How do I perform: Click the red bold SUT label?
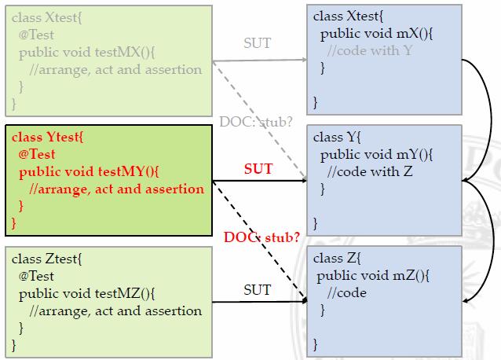point(258,170)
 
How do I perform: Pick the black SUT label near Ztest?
point(257,290)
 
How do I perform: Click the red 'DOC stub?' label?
point(261,236)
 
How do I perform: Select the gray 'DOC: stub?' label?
point(255,122)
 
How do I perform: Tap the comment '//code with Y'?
point(371,50)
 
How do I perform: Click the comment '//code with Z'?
point(371,172)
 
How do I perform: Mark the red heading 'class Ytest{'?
point(47,137)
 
